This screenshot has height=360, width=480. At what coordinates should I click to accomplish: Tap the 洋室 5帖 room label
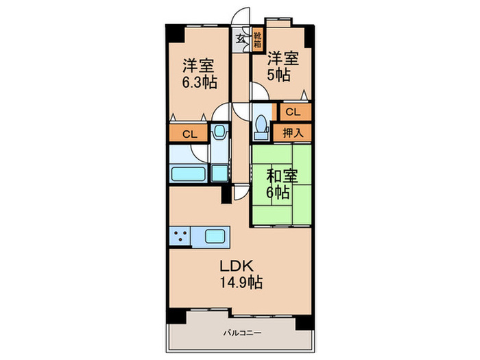283,66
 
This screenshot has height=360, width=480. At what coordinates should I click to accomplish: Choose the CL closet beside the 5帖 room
293,110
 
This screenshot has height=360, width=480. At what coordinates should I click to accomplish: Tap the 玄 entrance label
241,38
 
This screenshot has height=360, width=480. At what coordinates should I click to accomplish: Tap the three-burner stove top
182,237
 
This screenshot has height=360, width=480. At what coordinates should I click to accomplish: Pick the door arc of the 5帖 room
258,92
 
